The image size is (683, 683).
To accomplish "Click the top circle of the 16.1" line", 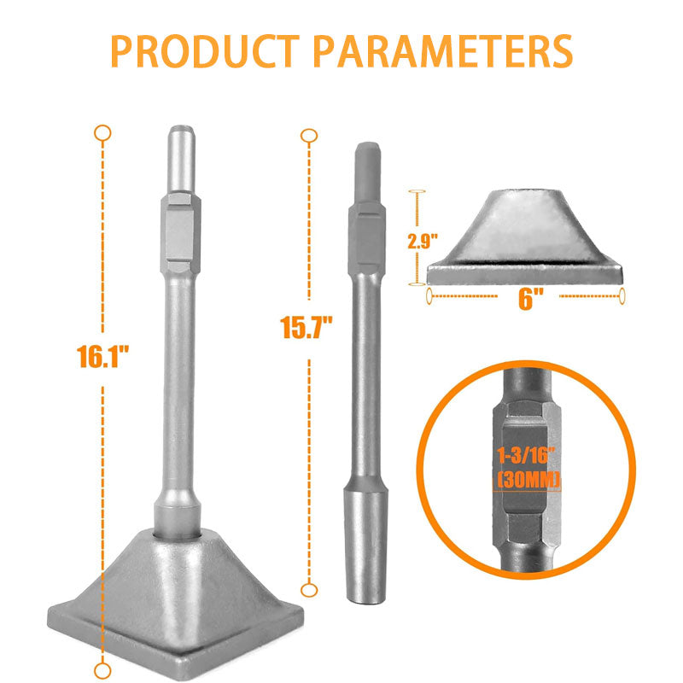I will coord(102,132).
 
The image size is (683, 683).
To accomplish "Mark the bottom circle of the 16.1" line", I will coord(102,668).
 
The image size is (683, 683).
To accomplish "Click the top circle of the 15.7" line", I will coord(310,135).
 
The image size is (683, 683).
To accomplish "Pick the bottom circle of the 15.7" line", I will coord(310,588).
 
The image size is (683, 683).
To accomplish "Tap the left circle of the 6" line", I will coord(428,295).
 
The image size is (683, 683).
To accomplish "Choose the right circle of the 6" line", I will coord(622,295).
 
